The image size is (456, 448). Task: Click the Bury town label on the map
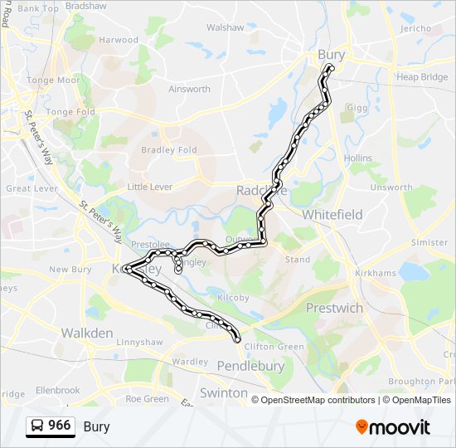[331, 55]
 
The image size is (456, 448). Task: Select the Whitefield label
[332, 214]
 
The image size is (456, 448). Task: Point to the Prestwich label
[334, 308]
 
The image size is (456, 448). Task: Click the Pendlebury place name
[250, 366]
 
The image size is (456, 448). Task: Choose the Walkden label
[86, 333]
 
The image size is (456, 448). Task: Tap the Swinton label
[223, 392]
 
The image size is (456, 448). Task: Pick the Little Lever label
[150, 187]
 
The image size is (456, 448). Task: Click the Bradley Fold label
[168, 150]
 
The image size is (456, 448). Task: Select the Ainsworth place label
[189, 89]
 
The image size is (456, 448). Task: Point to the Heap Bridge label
[421, 77]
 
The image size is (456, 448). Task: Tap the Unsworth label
[391, 187]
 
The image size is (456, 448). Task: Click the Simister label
[429, 243]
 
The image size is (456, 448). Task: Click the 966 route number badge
[59, 426]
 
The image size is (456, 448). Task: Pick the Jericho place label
[415, 27]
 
